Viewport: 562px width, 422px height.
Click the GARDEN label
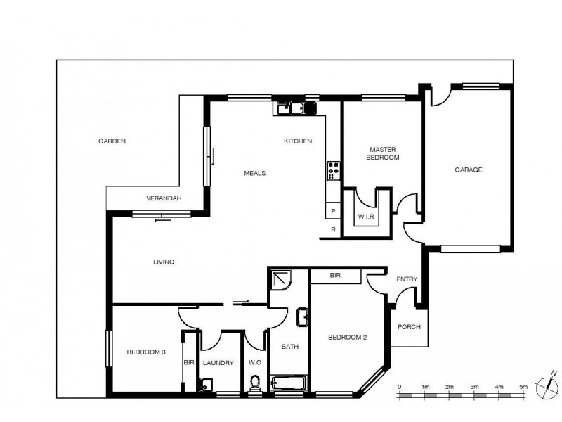click(112, 141)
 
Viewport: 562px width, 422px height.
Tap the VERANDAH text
click(164, 198)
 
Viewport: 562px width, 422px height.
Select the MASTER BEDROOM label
click(383, 153)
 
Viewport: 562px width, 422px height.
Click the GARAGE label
click(468, 170)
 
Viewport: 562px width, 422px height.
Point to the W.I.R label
click(366, 216)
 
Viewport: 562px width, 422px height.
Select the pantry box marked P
click(333, 211)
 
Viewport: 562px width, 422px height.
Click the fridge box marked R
click(333, 229)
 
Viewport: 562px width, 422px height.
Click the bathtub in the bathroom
click(289, 385)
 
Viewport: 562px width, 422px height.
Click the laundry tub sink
click(204, 384)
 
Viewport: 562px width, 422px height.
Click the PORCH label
click(409, 327)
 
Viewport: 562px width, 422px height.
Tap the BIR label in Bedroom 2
click(335, 276)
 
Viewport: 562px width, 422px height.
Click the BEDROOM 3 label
click(146, 352)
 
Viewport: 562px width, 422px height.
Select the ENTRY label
click(407, 279)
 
